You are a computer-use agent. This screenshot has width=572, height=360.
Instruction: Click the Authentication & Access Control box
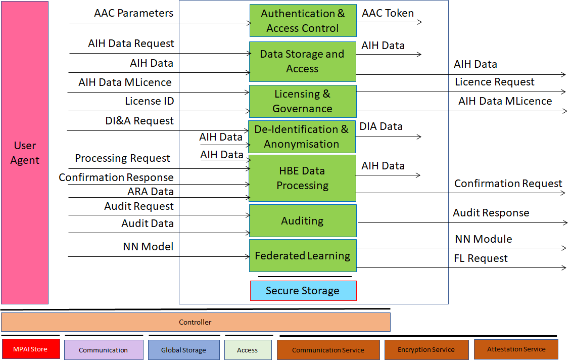pos(303,20)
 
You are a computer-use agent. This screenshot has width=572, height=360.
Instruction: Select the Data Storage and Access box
pos(302,61)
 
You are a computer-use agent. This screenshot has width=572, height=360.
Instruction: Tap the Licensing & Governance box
pos(303,101)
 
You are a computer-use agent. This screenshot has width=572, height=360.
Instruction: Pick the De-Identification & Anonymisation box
pos(302,137)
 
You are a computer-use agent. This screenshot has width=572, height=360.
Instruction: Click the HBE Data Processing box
pos(302,178)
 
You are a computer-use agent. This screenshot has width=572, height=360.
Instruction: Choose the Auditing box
pos(302,220)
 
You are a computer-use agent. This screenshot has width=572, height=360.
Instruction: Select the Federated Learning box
pos(302,255)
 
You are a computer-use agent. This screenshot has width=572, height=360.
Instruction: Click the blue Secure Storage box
pos(303,291)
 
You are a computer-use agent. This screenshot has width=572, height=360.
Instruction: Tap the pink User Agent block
pos(25,153)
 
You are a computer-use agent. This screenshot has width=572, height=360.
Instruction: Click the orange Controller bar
pos(196,322)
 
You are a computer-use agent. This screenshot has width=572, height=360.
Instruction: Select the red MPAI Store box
pos(31,349)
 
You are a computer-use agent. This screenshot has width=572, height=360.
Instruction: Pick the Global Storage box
pos(184,350)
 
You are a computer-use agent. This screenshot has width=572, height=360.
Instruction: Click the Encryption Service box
pos(426,350)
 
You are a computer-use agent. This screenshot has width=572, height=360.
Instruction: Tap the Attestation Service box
pos(516,349)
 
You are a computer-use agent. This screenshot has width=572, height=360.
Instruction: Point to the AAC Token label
pos(388,13)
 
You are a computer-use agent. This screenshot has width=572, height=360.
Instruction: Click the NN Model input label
pos(148,247)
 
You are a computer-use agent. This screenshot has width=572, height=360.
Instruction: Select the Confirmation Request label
pos(508,184)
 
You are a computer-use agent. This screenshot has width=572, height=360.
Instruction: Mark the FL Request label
pos(481,258)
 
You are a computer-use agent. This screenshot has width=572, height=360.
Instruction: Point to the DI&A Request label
pos(139,121)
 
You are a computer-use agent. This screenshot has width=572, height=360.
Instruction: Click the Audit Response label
pos(491,213)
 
